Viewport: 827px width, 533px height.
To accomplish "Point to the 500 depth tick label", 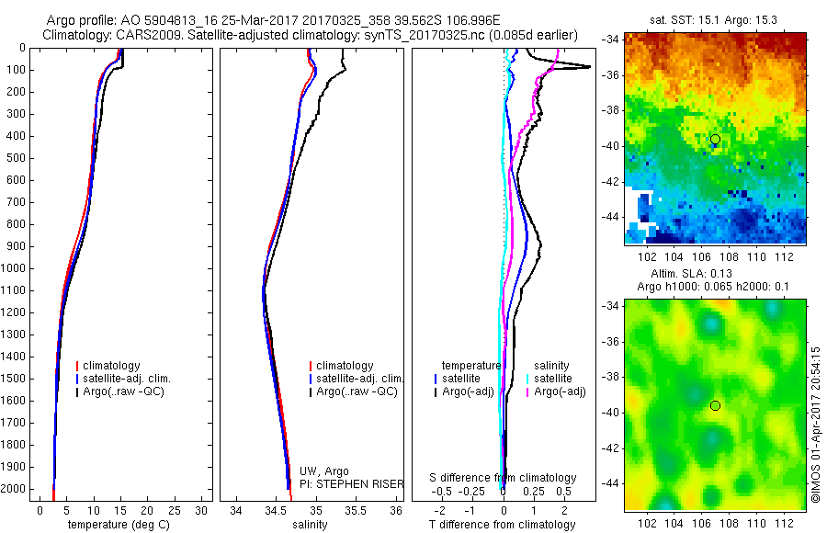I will click(16, 158).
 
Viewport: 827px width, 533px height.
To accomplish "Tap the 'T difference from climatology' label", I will click(502, 525).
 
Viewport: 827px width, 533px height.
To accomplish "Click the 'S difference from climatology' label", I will click(503, 478).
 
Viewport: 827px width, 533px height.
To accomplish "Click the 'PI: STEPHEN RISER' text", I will click(352, 483).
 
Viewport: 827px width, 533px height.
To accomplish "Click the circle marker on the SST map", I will click(715, 139).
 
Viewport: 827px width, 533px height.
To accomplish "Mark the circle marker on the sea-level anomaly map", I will click(715, 405).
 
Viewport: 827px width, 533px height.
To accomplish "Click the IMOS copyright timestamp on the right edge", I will click(815, 432).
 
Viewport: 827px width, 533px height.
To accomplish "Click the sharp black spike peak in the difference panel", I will click(590, 66).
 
